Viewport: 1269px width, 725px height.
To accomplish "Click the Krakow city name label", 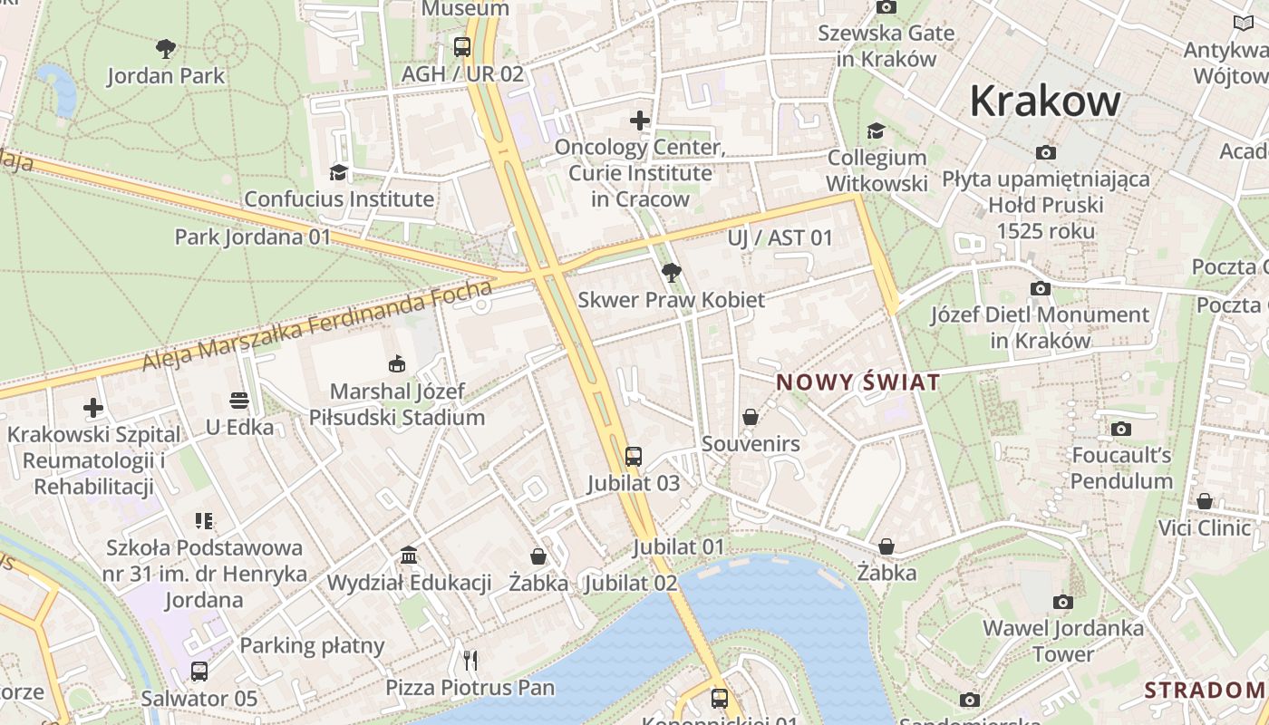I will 1044,101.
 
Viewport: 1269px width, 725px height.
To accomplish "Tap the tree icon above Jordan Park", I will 165,48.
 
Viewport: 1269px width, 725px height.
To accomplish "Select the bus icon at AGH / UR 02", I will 462,47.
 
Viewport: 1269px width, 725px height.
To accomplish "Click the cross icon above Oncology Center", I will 640,120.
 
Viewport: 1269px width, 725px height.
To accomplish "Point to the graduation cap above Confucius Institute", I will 338,172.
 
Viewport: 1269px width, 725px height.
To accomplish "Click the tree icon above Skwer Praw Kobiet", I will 671,272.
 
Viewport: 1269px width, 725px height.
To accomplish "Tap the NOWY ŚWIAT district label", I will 857,382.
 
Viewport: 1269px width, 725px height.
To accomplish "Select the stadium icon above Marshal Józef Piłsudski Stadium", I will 396,364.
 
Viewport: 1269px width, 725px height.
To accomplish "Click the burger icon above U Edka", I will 239,401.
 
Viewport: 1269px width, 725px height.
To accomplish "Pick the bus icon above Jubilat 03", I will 633,456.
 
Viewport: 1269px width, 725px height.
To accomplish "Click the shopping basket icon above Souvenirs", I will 751,417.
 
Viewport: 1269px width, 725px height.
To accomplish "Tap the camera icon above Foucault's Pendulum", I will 1121,429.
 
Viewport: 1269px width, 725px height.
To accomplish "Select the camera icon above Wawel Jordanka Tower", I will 1063,602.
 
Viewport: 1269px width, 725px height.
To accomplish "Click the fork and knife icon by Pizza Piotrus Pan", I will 470,661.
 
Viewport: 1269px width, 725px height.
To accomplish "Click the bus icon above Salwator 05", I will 199,672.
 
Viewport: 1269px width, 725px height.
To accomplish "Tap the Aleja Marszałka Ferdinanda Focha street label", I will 317,327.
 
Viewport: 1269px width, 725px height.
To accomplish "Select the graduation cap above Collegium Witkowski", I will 876,131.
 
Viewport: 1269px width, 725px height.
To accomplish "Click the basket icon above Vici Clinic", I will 1205,501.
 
